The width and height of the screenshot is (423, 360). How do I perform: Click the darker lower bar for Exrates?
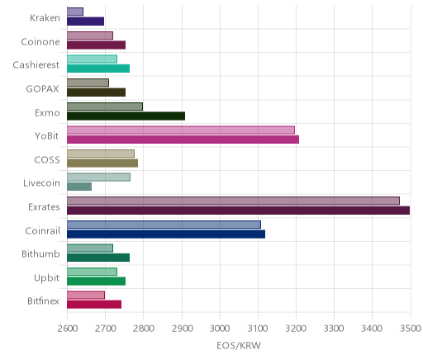238,211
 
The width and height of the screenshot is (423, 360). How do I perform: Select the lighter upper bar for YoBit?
181,130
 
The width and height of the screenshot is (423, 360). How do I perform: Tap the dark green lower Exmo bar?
126,116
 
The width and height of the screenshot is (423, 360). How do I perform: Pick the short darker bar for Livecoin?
79,187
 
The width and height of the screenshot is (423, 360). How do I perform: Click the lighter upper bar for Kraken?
75,12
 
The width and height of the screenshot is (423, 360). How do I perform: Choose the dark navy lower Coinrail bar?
166,234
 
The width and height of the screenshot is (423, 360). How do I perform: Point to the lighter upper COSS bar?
101,154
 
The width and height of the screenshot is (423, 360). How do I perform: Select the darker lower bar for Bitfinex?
94,305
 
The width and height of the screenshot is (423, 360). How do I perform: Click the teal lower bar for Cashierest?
98,69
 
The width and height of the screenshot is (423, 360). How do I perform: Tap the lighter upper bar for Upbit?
92,272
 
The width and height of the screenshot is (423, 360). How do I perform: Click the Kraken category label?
45,18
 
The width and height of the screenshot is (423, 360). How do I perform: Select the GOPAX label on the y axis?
43,88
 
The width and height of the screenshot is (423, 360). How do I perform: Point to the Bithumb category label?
40,253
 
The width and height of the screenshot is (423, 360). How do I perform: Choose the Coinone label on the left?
40,41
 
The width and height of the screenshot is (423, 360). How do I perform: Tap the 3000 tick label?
220,329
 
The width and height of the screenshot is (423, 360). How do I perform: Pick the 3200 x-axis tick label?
296,329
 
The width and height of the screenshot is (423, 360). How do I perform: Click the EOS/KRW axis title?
239,345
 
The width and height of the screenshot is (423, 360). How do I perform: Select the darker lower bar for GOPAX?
96,92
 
